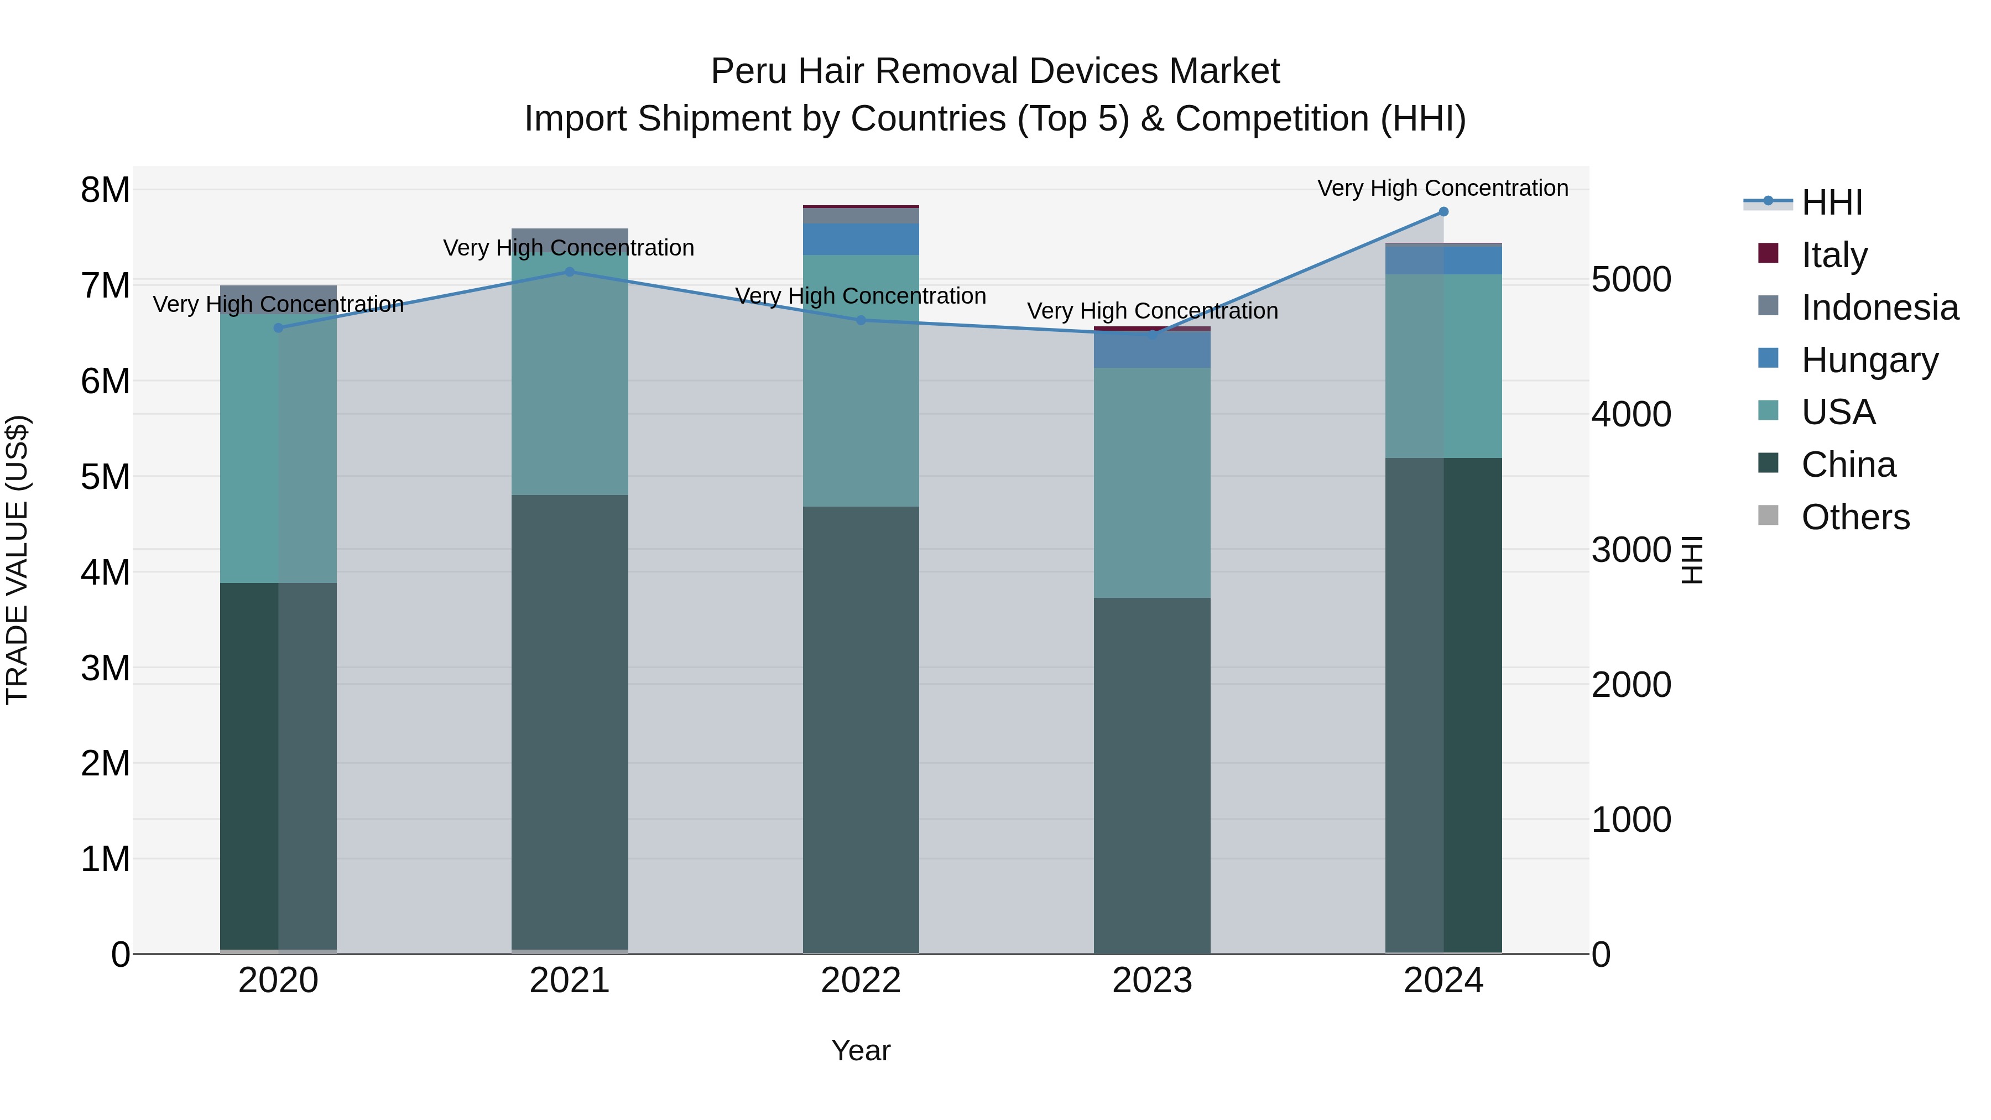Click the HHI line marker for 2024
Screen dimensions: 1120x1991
click(1443, 212)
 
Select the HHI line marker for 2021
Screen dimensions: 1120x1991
click(570, 272)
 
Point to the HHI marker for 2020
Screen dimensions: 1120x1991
click(278, 328)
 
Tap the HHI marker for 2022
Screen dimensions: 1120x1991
click(861, 320)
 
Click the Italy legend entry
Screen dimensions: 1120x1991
click(1833, 255)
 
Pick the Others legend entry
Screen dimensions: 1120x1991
click(1855, 517)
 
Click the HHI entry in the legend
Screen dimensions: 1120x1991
click(1831, 202)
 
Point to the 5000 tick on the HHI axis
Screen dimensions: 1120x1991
click(1632, 280)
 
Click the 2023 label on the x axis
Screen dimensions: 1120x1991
click(1151, 981)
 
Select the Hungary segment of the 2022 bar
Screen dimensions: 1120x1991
click(861, 239)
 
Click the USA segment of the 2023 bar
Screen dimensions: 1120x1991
click(1151, 482)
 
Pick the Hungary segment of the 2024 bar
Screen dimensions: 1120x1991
click(1443, 260)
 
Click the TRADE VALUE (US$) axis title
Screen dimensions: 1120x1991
click(17, 560)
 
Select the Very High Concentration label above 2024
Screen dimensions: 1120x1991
click(1442, 188)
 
